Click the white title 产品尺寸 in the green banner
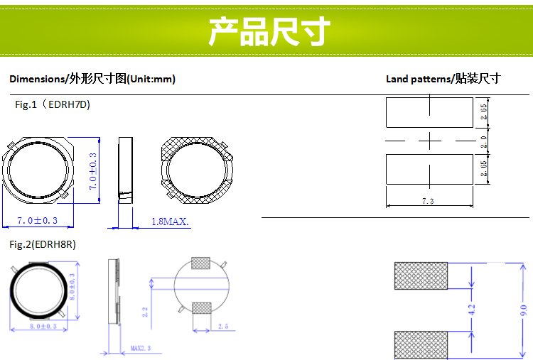click(269, 32)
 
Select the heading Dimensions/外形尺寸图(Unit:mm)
click(92, 79)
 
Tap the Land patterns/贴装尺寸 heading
click(443, 79)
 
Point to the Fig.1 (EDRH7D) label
click(53, 104)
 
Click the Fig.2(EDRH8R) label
click(43, 244)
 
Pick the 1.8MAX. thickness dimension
click(170, 222)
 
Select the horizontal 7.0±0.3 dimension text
click(37, 220)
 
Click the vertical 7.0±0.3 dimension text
click(92, 171)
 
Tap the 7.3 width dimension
click(428, 202)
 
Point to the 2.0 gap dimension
click(484, 141)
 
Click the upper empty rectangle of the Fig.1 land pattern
click(429, 111)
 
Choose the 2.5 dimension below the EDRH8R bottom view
click(222, 326)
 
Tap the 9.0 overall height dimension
click(524, 310)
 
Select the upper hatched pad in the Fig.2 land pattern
click(421, 276)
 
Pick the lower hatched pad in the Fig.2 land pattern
click(421, 344)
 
